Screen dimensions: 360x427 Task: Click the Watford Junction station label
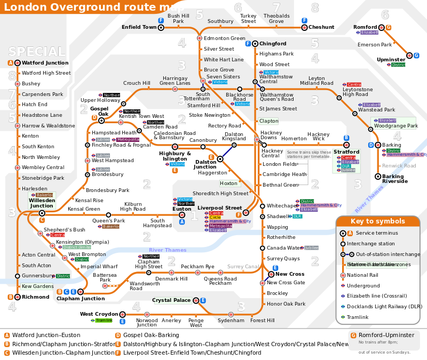45,63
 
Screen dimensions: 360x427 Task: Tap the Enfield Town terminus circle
161,27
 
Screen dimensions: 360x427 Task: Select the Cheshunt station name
321,27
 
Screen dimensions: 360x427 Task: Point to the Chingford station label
273,44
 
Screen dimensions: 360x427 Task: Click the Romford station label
365,27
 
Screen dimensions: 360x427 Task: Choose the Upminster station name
391,60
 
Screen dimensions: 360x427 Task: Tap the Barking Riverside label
395,179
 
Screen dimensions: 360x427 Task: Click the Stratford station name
346,152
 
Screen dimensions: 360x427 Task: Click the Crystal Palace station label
171,300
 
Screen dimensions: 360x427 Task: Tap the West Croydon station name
99,314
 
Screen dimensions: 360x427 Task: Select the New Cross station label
290,274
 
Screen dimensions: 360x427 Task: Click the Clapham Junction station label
81,299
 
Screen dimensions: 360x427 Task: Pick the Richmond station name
36,297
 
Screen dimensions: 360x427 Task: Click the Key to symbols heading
377,221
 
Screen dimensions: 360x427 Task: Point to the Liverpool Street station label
220,207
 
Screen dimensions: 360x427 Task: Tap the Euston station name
182,209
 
